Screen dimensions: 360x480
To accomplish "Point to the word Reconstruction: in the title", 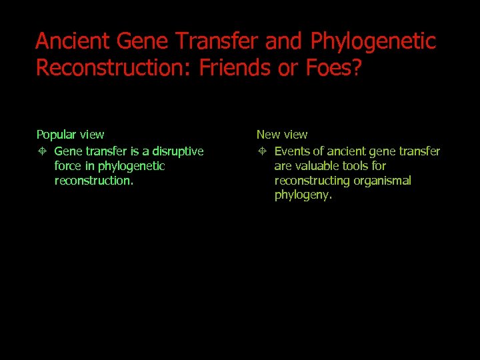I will [x=115, y=68].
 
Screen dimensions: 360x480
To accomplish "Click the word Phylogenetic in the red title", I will [x=373, y=41].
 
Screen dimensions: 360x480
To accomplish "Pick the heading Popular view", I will [x=70, y=135].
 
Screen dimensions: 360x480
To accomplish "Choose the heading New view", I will [x=282, y=135].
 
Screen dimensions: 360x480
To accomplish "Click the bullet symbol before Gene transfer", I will [x=41, y=152].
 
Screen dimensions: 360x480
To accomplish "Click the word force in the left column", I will [x=67, y=166].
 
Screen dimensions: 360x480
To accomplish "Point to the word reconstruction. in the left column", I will [x=94, y=181].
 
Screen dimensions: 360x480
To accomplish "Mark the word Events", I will [x=292, y=151].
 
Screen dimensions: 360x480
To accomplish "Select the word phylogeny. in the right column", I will [x=303, y=195].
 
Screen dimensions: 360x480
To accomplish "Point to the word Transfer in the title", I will [x=220, y=41].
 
